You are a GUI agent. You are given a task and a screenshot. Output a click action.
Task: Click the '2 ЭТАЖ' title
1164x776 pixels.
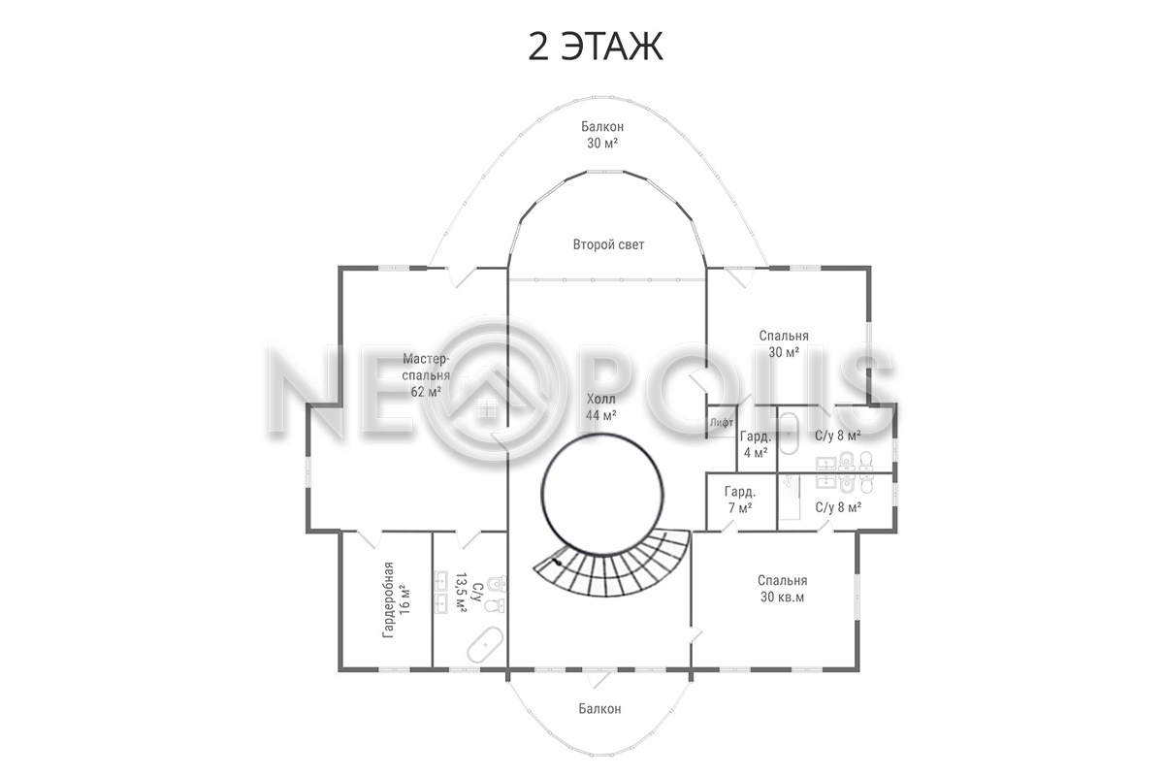click(596, 47)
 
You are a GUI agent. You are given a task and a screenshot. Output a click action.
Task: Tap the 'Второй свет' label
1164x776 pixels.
click(608, 244)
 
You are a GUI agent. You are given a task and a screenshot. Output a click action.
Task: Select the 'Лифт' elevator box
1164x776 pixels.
click(722, 422)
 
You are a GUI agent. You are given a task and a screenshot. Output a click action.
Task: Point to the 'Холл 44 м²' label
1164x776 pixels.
click(601, 407)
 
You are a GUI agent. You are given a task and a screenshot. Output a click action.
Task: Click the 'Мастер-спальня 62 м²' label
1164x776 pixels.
click(426, 374)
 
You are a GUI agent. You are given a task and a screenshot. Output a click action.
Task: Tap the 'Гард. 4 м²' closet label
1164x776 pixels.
click(756, 444)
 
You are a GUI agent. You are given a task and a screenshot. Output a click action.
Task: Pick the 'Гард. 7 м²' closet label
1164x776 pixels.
click(740, 499)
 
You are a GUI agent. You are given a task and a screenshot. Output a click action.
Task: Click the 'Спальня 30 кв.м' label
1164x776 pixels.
click(782, 589)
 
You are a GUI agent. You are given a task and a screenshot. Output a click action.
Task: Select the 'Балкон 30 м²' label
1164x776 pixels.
click(602, 135)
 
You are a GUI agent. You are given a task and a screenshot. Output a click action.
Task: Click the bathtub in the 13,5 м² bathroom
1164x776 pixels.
click(485, 644)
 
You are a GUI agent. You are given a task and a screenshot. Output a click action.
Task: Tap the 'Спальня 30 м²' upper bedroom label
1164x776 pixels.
click(784, 343)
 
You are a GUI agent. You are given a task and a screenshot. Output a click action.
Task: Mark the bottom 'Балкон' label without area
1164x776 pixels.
click(599, 708)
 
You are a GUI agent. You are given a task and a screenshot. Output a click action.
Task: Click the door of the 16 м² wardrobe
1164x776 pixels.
click(369, 539)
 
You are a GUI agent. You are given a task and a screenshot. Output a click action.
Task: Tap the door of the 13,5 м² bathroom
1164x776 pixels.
click(469, 539)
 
